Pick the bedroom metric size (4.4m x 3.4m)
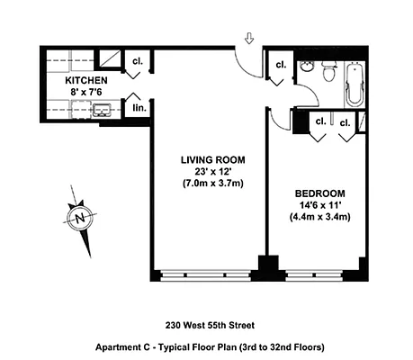point(319,217)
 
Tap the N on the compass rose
point(81,217)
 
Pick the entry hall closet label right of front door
point(280,64)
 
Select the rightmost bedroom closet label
point(345,121)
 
